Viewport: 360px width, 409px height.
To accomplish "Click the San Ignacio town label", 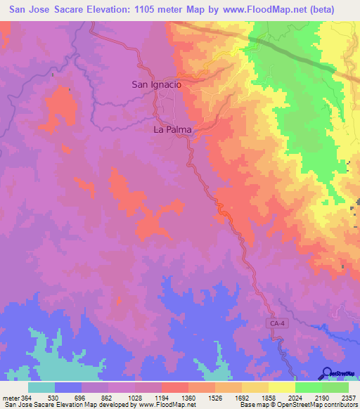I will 157,84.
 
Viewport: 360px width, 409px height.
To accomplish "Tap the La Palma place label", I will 172,129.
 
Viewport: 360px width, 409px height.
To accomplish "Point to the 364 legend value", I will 22,398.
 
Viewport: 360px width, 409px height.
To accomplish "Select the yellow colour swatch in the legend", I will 281,387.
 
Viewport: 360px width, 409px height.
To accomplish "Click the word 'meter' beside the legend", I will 9,398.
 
